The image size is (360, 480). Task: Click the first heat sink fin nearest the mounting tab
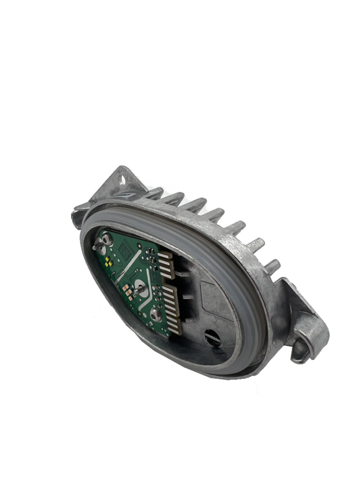[152, 192]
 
